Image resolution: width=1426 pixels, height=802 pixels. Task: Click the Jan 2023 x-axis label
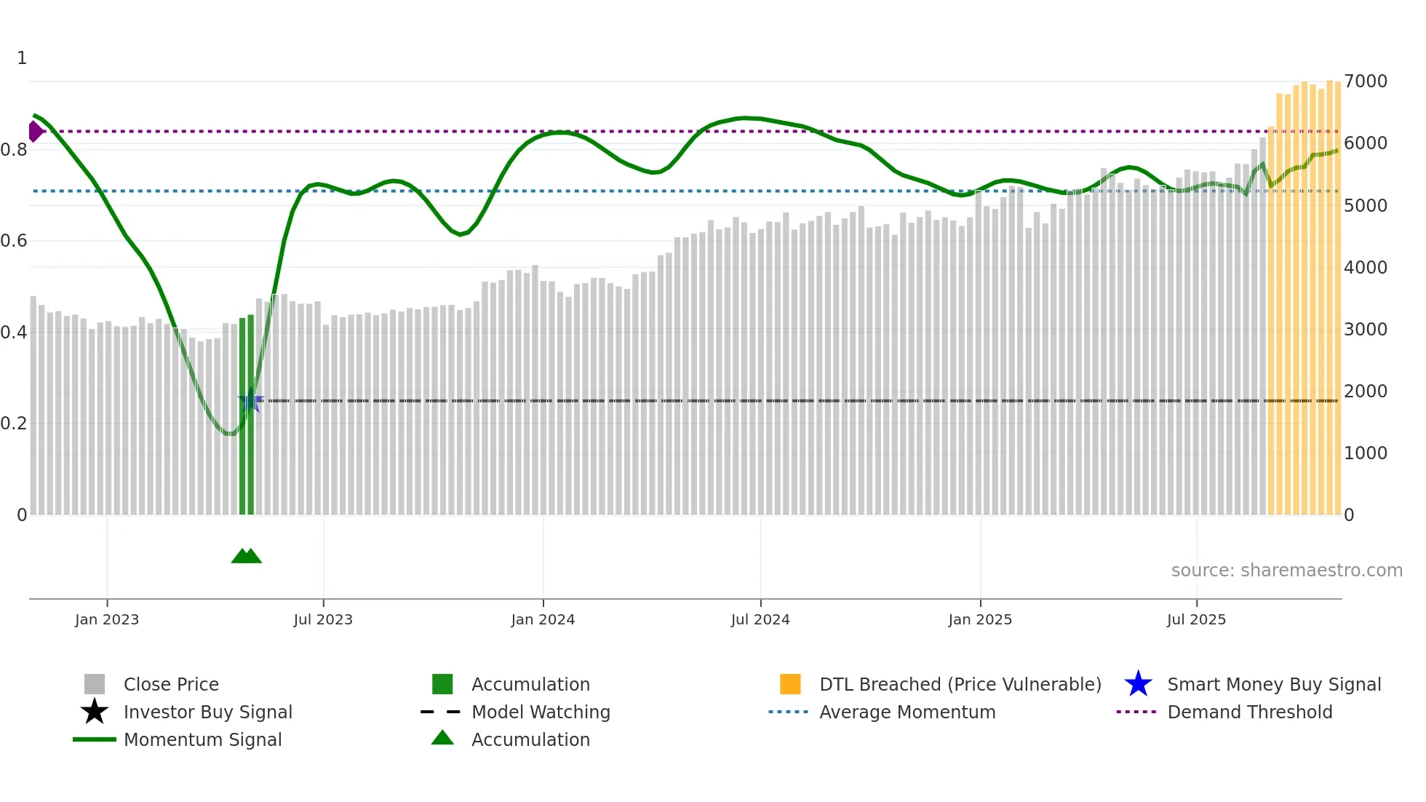click(x=106, y=619)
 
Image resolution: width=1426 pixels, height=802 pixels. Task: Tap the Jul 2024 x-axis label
click(x=760, y=619)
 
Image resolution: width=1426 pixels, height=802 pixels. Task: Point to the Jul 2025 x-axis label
click(x=1196, y=619)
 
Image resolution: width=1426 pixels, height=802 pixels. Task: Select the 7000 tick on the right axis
click(x=1365, y=82)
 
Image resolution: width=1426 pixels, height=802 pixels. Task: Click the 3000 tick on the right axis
click(x=1365, y=330)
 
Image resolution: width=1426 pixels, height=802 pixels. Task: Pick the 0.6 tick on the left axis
click(x=14, y=241)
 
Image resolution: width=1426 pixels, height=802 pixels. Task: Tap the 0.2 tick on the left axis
click(x=14, y=424)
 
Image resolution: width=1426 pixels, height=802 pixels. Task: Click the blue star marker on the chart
click(x=250, y=401)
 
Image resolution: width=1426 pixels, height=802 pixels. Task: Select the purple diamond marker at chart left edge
click(x=35, y=132)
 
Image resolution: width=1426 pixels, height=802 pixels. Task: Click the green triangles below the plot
click(x=246, y=556)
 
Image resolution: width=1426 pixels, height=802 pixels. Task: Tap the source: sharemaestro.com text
click(x=1286, y=571)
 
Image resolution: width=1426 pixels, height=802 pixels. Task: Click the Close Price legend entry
click(x=171, y=684)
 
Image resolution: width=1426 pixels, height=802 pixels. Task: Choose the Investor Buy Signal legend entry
click(x=207, y=712)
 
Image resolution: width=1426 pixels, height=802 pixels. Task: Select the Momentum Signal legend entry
click(x=202, y=739)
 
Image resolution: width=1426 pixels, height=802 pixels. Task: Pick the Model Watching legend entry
click(x=540, y=712)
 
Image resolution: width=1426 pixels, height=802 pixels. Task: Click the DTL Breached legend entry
click(x=960, y=684)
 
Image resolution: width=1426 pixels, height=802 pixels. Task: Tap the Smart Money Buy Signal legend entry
click(x=1273, y=684)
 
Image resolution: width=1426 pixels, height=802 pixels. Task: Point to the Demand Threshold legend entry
click(x=1249, y=712)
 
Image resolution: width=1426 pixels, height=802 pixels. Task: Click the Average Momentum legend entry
click(x=907, y=712)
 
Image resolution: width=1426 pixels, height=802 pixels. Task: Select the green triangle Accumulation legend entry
click(x=530, y=739)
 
